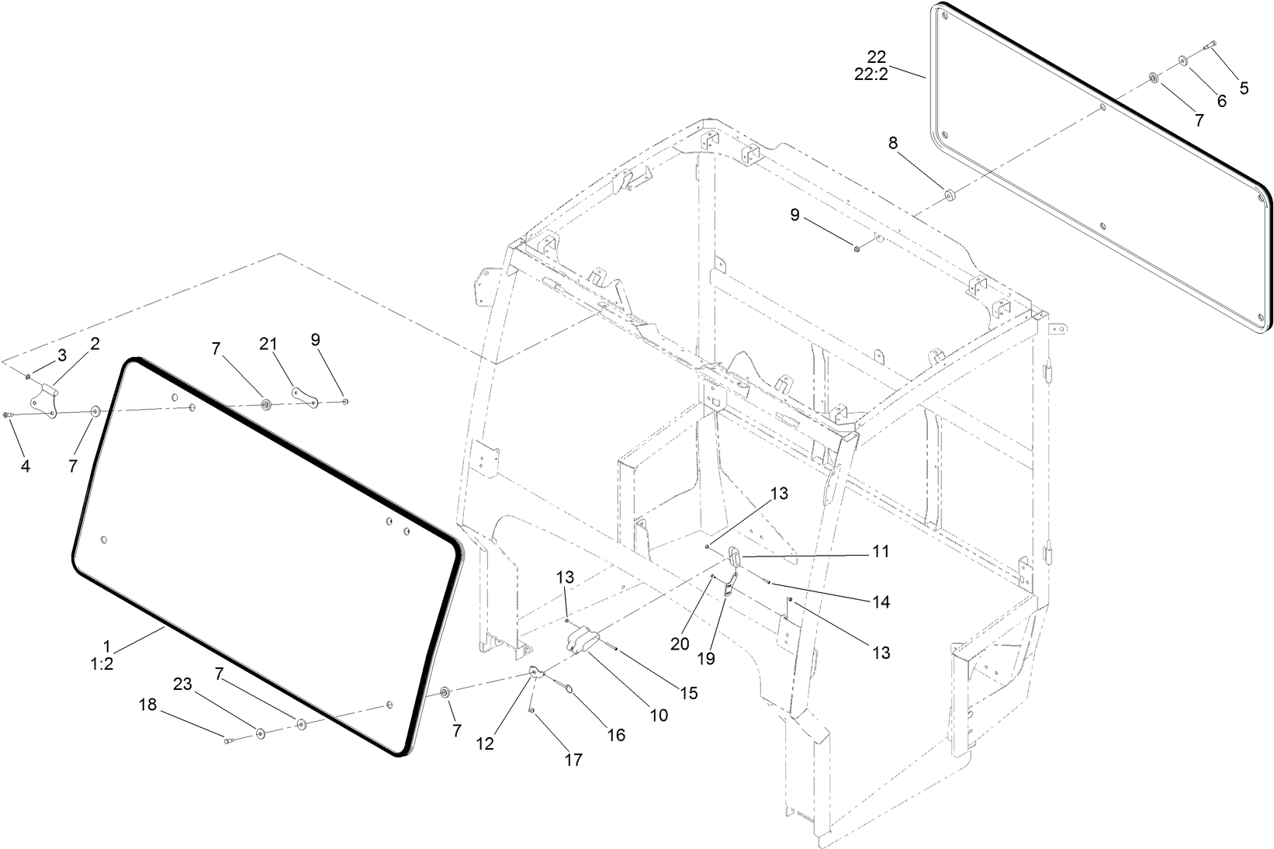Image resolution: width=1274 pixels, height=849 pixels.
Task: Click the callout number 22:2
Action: coord(877,75)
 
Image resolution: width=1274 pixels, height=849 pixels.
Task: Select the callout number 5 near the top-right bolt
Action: coord(1244,88)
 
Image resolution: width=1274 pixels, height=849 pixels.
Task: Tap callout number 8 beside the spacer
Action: coord(893,143)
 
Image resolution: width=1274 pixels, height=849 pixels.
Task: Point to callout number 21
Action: coord(268,344)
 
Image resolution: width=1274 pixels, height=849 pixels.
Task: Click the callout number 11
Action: coord(880,552)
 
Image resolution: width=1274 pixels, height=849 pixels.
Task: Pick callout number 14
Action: coord(880,602)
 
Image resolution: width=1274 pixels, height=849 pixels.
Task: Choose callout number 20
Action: coord(680,644)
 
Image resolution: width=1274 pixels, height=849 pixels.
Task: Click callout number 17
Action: coord(573,761)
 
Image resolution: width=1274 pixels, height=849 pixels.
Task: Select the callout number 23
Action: coord(182,684)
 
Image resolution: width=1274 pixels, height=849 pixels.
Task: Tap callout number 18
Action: coord(147,705)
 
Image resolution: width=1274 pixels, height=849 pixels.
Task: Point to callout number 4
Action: coord(26,466)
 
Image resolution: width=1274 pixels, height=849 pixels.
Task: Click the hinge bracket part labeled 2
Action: coord(43,400)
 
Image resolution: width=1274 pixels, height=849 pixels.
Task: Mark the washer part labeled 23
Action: coord(259,732)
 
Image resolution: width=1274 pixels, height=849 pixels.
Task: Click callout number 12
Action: coord(485,743)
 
